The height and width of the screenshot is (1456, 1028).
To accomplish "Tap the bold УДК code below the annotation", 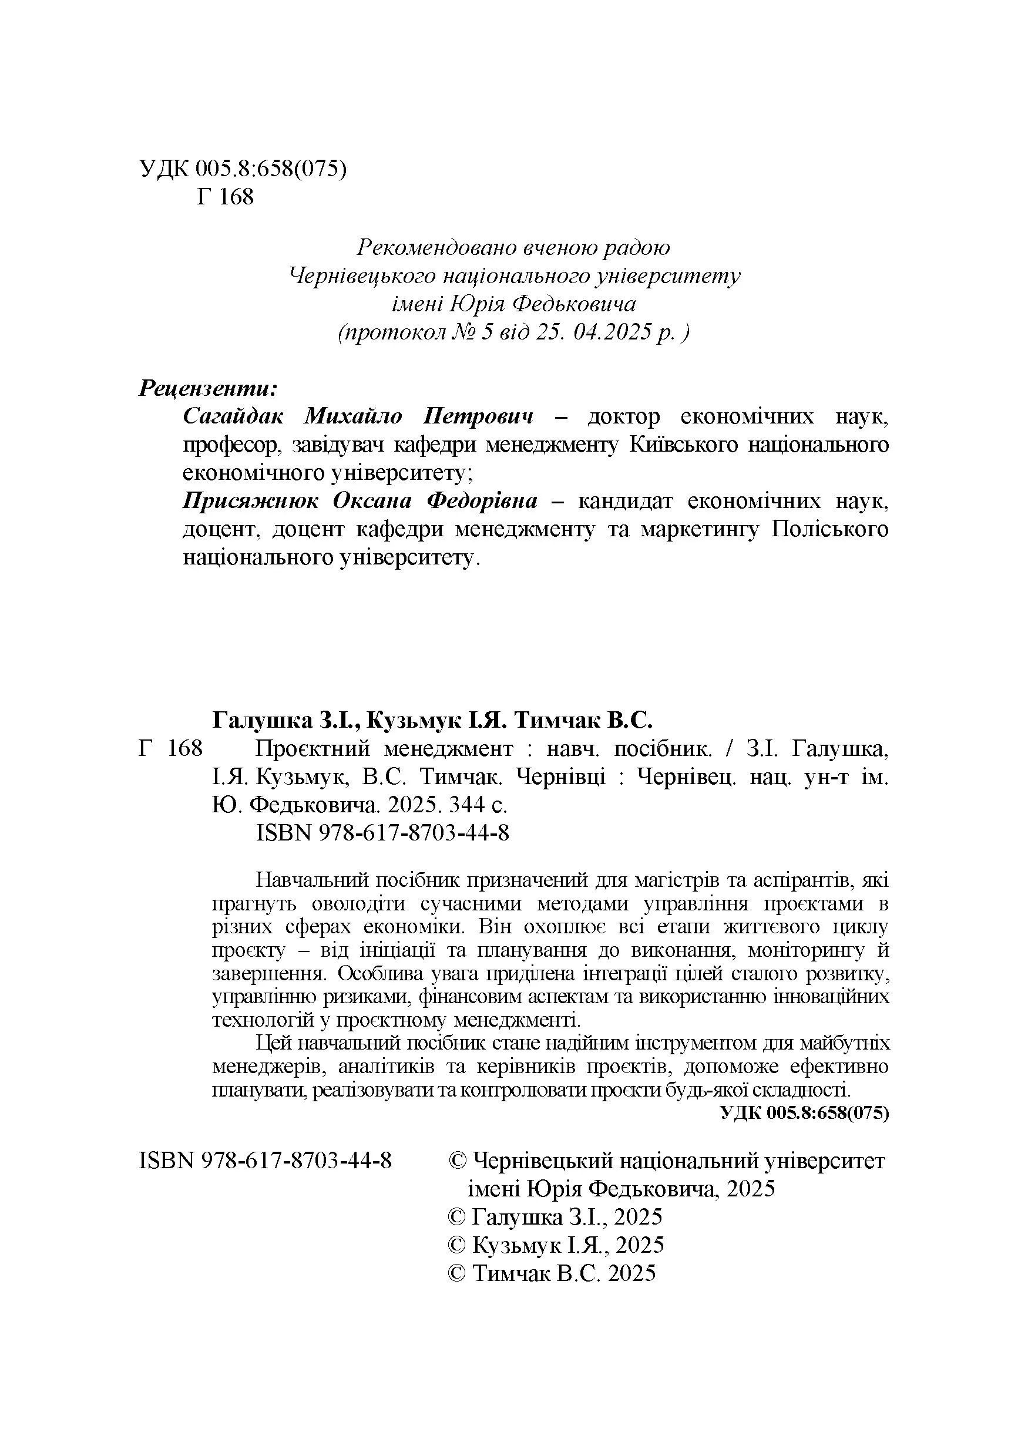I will click(805, 1113).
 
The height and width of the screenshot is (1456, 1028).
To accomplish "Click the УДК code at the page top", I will click(243, 169).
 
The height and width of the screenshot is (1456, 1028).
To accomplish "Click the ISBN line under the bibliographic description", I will click(382, 833).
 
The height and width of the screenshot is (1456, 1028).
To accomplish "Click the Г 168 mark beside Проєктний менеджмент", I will click(170, 749).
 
